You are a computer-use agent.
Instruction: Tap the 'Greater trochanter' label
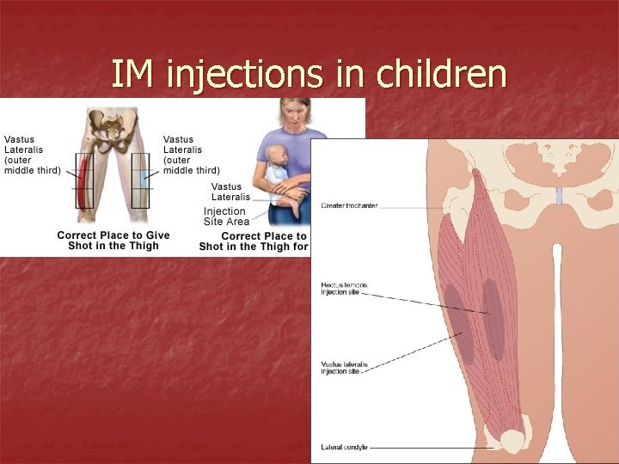[349, 205]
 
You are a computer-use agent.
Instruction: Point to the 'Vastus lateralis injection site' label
[344, 368]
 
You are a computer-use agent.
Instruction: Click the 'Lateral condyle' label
[343, 448]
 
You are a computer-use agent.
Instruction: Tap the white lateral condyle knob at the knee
[513, 443]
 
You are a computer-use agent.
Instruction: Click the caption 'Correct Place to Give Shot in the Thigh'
[113, 241]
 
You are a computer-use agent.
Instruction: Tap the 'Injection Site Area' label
[226, 217]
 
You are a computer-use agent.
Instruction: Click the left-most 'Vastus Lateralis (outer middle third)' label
[33, 155]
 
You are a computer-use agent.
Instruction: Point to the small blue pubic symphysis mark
[559, 196]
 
